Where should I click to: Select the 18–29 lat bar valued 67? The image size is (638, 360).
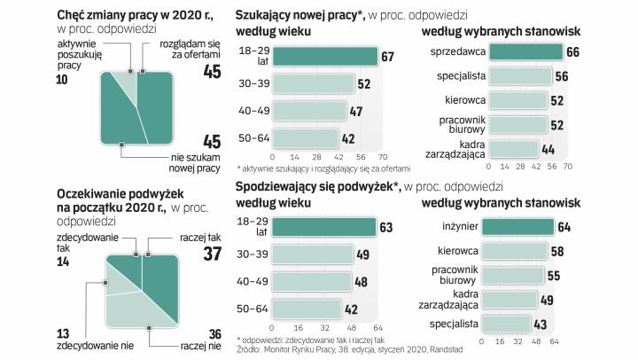click(x=324, y=57)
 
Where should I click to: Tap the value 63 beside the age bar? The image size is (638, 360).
click(x=385, y=227)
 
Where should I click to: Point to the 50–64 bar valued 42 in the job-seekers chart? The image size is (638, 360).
click(x=306, y=138)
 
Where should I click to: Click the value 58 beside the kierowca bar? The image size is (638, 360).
click(x=556, y=253)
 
